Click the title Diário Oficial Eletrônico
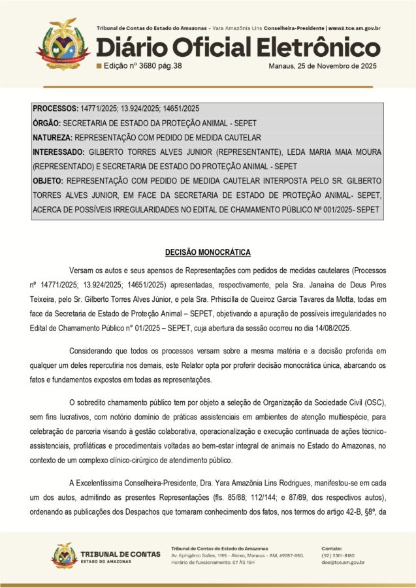238,48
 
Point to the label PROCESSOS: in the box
56,108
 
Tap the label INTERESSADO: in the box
58,152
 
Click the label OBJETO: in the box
48,180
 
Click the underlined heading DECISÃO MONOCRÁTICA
208,252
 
